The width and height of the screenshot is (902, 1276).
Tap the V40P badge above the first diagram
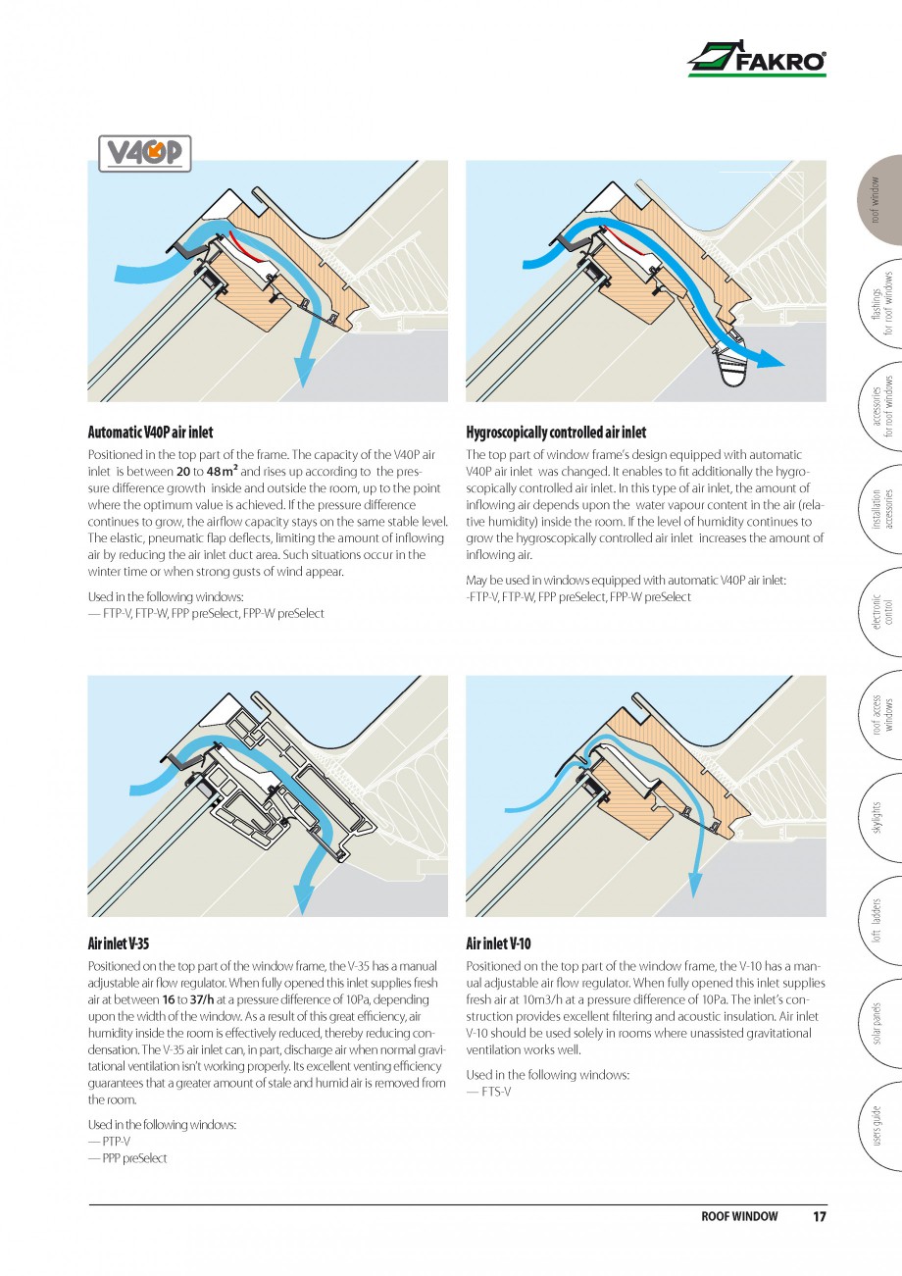(x=145, y=153)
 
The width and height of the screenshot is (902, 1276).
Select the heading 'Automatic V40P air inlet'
(x=150, y=433)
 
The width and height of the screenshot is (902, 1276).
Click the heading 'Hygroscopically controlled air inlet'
(x=556, y=433)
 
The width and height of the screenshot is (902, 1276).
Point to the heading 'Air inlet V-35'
(x=119, y=944)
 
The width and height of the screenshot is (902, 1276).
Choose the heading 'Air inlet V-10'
(x=498, y=944)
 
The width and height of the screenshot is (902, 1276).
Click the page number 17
(x=819, y=1217)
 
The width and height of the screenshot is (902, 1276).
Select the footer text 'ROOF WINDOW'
(x=739, y=1217)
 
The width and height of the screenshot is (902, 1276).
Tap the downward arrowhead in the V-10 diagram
(x=694, y=887)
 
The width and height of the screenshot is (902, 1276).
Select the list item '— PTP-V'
(x=109, y=1141)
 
